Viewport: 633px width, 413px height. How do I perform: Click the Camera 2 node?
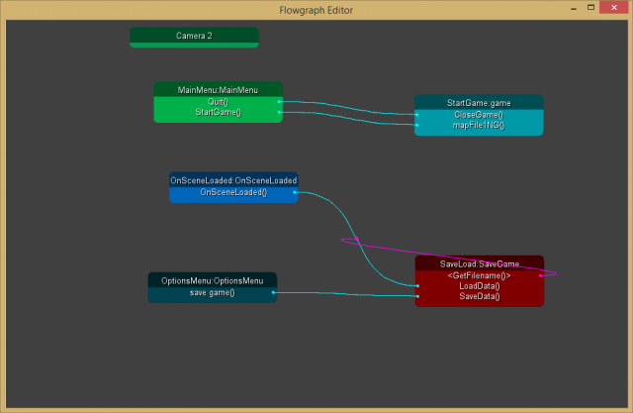(x=194, y=36)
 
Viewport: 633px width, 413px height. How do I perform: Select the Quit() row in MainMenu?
(x=218, y=101)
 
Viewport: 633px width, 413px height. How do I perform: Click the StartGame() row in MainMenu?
(x=218, y=112)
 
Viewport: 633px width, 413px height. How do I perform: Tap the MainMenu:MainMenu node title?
(x=218, y=89)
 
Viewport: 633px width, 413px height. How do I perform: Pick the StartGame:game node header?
(x=479, y=102)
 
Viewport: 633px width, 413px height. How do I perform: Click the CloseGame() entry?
(x=479, y=115)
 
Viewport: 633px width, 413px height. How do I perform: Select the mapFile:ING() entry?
(x=479, y=126)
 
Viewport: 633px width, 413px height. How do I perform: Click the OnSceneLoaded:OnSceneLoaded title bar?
(x=233, y=180)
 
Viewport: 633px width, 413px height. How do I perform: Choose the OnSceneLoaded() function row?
(x=233, y=192)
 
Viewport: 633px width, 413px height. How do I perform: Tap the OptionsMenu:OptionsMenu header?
(x=213, y=281)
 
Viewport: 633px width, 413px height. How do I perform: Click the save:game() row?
(x=213, y=293)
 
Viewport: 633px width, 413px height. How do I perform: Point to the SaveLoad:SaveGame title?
(x=480, y=264)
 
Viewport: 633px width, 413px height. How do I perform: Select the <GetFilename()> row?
(x=480, y=275)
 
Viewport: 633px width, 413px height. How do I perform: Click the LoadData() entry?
(x=480, y=285)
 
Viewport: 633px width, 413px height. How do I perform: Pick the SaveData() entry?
(x=480, y=296)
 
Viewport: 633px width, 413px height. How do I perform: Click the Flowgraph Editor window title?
(x=316, y=10)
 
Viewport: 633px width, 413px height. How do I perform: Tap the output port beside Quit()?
(x=280, y=101)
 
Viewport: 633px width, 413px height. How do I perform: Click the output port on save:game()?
(x=274, y=293)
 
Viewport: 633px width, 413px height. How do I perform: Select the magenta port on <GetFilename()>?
(x=540, y=275)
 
